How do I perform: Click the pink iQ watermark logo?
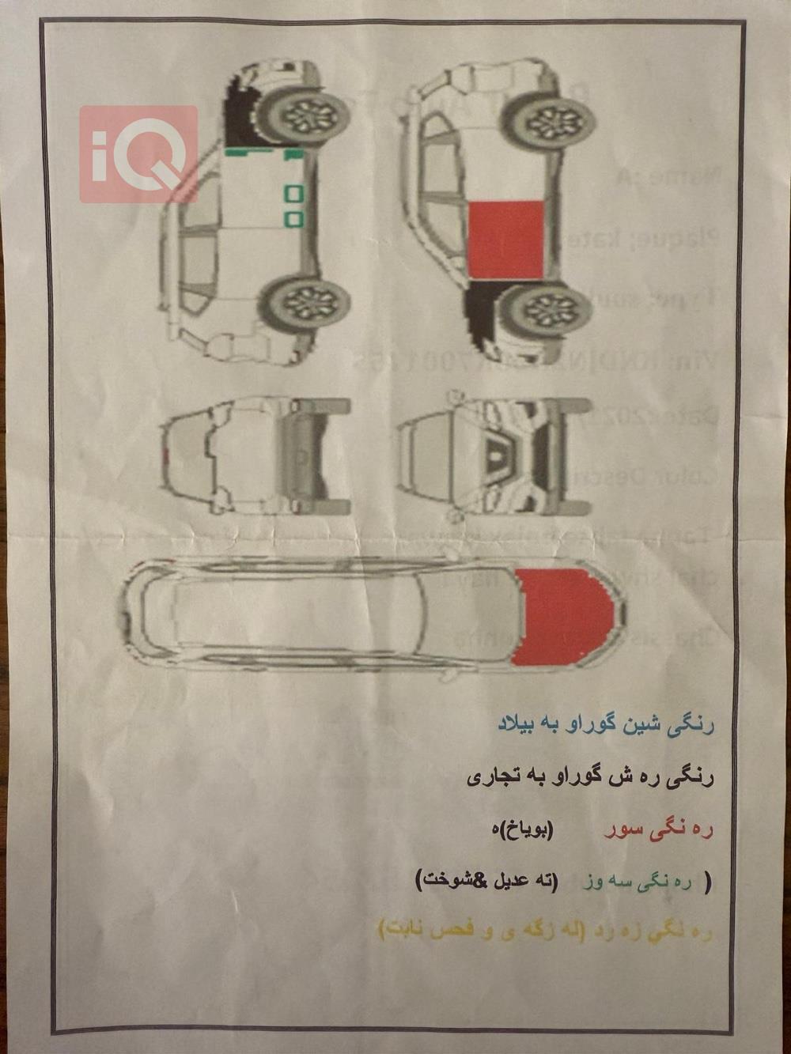pos(138,153)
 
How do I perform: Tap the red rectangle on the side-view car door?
pos(505,240)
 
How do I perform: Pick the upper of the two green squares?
pos(293,192)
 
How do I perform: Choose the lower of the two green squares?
pos(293,216)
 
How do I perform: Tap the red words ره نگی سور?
pos(658,830)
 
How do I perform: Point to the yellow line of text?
pos(547,931)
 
